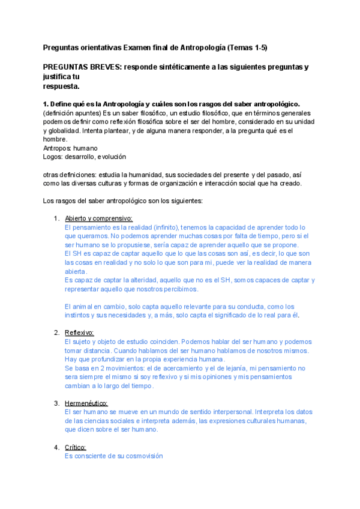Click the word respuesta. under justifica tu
pyautogui.click(x=62, y=86)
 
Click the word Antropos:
pyautogui.click(x=58, y=148)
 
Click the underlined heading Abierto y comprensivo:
pyautogui.click(x=98, y=218)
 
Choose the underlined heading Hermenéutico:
pyautogui.click(x=86, y=403)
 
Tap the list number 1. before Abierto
pyautogui.click(x=57, y=218)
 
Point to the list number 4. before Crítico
pyautogui.click(x=56, y=447)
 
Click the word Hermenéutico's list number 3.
pyautogui.click(x=56, y=403)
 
